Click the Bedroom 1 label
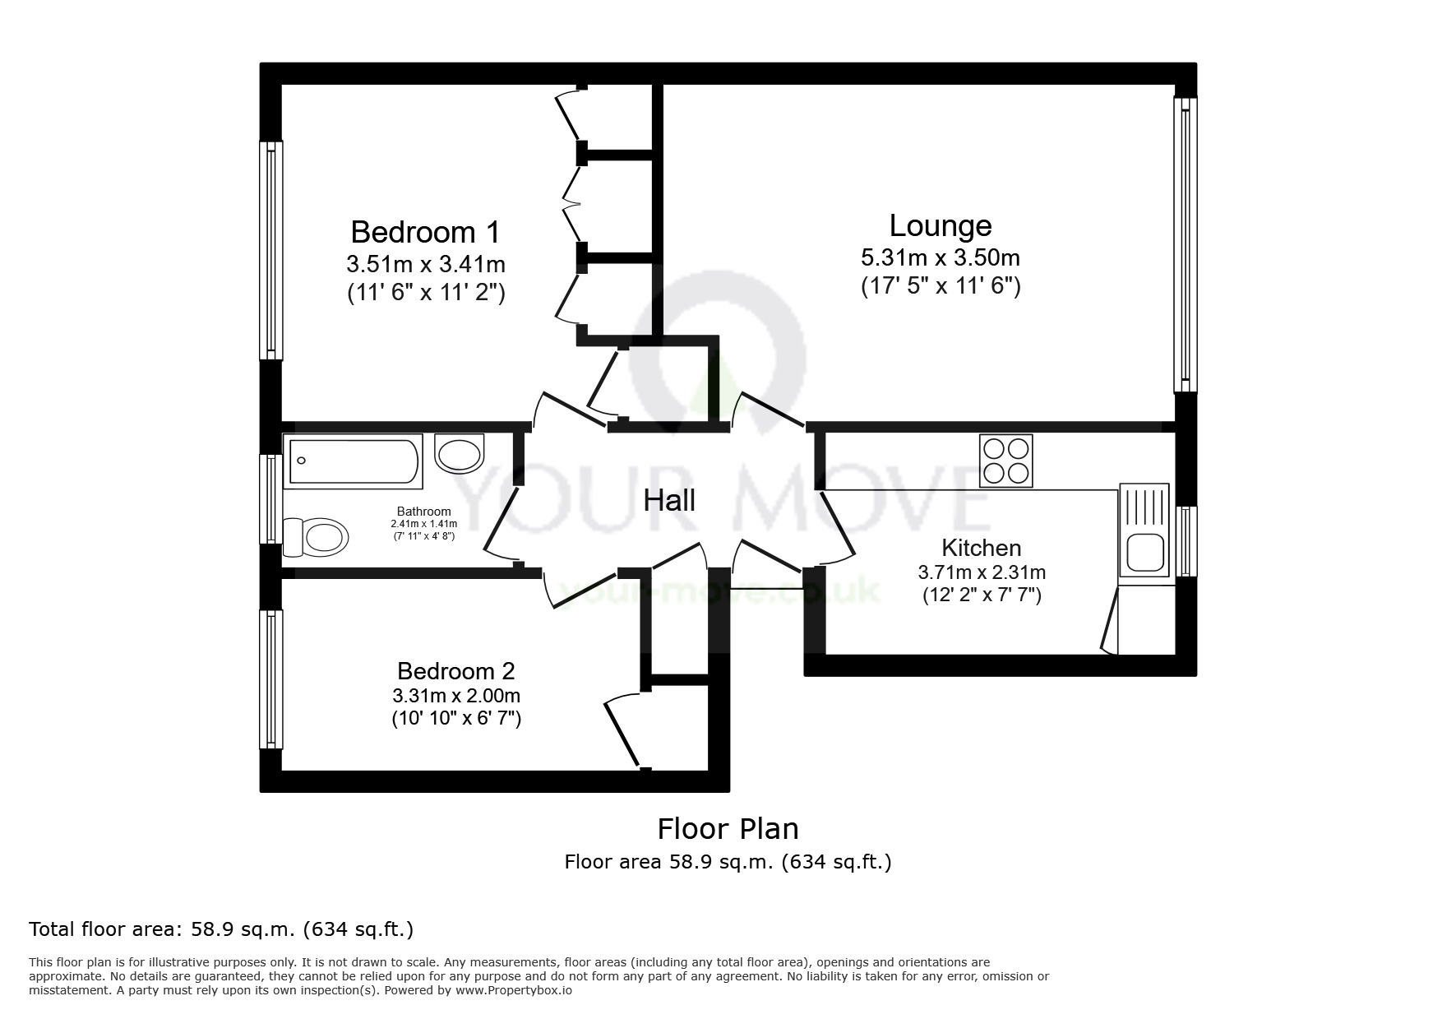tap(425, 232)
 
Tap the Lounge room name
tap(940, 225)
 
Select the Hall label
tap(669, 500)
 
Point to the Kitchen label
tap(981, 548)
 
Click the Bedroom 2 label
tap(456, 670)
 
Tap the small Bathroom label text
tap(423, 512)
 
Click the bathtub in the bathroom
tap(354, 461)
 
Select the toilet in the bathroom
tap(317, 538)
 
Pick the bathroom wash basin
tap(459, 453)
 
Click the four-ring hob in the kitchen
tap(1006, 461)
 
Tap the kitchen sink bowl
tap(1144, 553)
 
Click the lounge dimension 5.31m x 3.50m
tap(940, 257)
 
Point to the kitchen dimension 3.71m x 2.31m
tap(981, 572)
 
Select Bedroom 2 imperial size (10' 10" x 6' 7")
tap(456, 718)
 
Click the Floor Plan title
tap(728, 828)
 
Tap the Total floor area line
tap(220, 929)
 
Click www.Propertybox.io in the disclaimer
tap(513, 990)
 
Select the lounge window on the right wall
tap(1185, 244)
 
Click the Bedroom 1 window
tap(271, 250)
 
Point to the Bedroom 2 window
tap(271, 679)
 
